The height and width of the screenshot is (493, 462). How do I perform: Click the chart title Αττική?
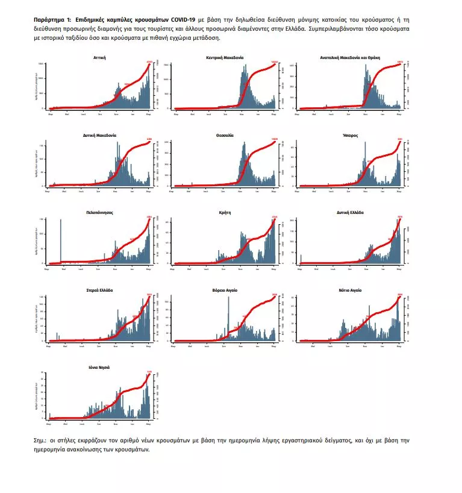[x=100, y=58]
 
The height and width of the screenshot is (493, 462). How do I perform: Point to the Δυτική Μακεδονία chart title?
[x=100, y=136]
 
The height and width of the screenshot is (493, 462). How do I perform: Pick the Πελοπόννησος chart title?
[x=100, y=213]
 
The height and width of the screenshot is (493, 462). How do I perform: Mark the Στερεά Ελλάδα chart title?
[x=100, y=290]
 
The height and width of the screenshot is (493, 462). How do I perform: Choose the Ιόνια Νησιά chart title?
[x=100, y=367]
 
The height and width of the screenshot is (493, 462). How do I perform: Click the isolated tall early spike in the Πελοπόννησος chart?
[x=61, y=241]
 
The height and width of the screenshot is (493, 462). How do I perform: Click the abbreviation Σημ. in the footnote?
[x=40, y=441]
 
